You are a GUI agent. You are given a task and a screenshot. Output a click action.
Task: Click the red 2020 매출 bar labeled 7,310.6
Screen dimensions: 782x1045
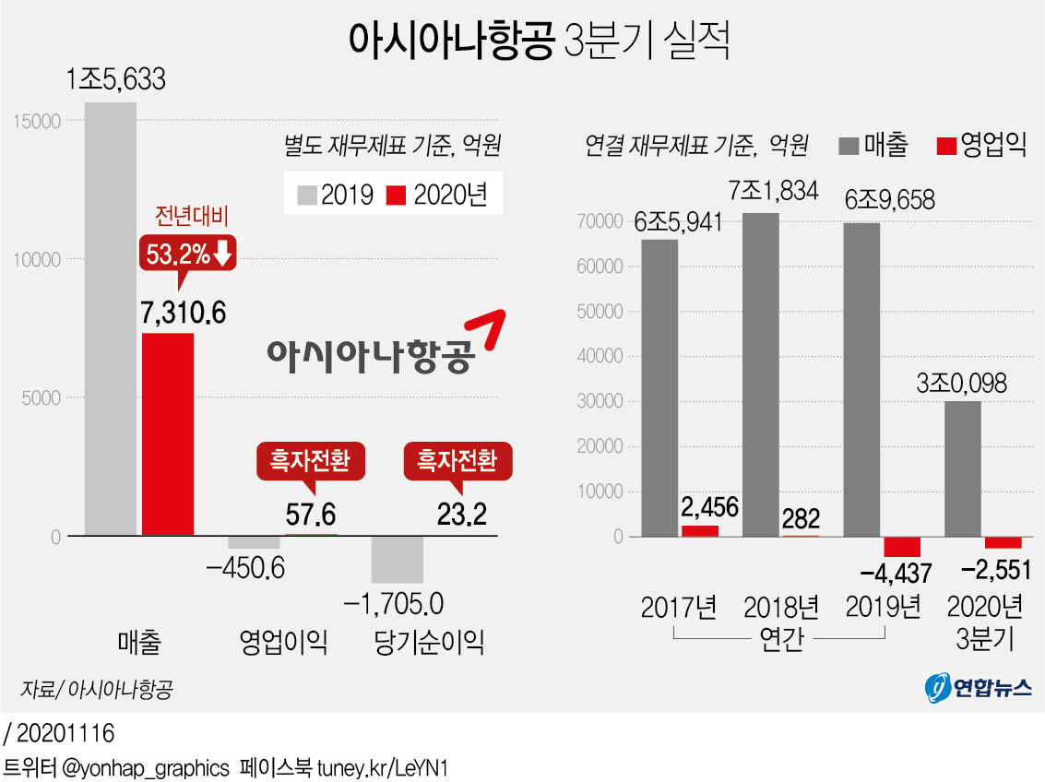(x=167, y=433)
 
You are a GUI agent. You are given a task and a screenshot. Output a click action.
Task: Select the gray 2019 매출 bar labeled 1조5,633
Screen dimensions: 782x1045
(x=111, y=318)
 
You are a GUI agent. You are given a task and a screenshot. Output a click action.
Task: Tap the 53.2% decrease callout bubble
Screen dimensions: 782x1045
(x=188, y=253)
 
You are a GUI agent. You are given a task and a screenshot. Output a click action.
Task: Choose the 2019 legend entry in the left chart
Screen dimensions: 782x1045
(x=336, y=195)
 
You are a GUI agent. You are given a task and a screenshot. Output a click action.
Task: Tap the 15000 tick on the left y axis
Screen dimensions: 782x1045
(x=38, y=121)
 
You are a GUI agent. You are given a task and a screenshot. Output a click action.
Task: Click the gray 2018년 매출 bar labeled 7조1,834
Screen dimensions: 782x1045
(x=761, y=374)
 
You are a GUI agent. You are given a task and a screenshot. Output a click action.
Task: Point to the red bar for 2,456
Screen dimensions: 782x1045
(x=699, y=530)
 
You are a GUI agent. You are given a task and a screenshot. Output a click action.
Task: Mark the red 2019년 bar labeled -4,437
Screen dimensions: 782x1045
(x=902, y=546)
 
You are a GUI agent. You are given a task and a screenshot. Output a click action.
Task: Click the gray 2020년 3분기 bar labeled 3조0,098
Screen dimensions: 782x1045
(x=963, y=468)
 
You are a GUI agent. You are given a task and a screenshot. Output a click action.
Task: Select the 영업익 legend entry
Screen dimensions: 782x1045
(x=981, y=144)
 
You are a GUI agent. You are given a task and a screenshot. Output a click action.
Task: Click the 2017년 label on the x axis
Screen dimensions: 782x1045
(x=679, y=609)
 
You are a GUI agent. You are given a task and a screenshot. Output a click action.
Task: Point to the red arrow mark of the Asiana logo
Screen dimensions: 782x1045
(x=488, y=329)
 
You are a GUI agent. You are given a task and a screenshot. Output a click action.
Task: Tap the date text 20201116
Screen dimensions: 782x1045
(x=65, y=734)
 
